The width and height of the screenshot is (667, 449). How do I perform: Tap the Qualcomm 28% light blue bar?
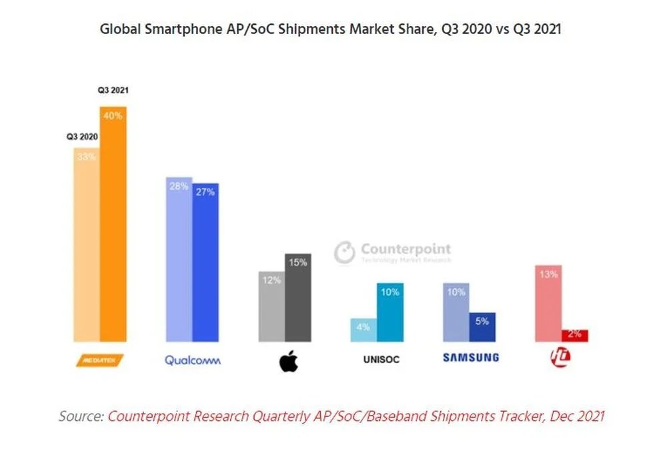point(179,260)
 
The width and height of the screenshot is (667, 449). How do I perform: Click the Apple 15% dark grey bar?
point(297,298)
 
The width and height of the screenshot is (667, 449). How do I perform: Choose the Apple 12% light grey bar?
point(271,307)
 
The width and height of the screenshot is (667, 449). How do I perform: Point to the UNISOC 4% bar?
point(364,330)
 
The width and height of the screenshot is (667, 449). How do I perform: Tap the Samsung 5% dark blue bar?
point(482,327)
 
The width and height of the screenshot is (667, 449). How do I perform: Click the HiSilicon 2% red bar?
point(574,335)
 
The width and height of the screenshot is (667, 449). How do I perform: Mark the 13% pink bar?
point(549,304)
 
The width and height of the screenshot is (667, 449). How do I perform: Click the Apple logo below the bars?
point(288,360)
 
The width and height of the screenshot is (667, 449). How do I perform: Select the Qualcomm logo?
point(192,360)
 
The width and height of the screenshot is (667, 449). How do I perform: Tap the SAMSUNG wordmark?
point(471,358)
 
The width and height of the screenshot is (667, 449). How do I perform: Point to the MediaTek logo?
point(101,360)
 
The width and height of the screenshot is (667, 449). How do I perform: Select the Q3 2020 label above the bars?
point(81,137)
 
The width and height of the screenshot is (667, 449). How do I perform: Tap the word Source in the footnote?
point(81,416)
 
